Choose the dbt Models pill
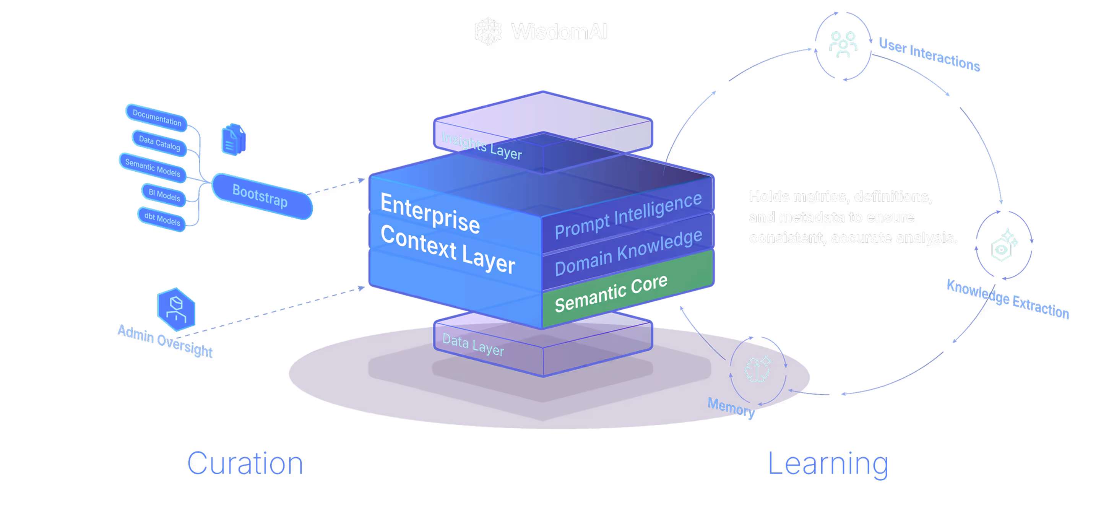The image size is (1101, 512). (x=162, y=218)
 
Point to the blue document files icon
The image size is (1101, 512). (x=233, y=139)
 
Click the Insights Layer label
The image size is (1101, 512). (x=481, y=145)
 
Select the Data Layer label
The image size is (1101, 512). (x=473, y=345)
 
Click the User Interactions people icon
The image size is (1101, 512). (x=843, y=44)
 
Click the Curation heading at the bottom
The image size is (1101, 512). (x=245, y=463)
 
